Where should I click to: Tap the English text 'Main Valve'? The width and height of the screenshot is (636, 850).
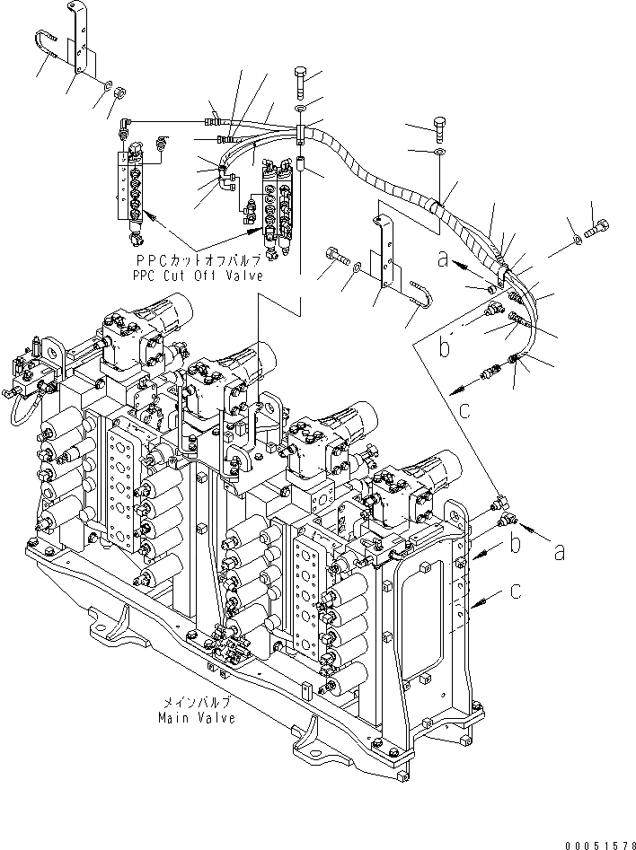[197, 717]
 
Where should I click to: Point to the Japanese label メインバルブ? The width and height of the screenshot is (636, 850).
[197, 704]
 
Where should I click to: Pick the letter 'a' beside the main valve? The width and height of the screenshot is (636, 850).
[559, 552]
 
